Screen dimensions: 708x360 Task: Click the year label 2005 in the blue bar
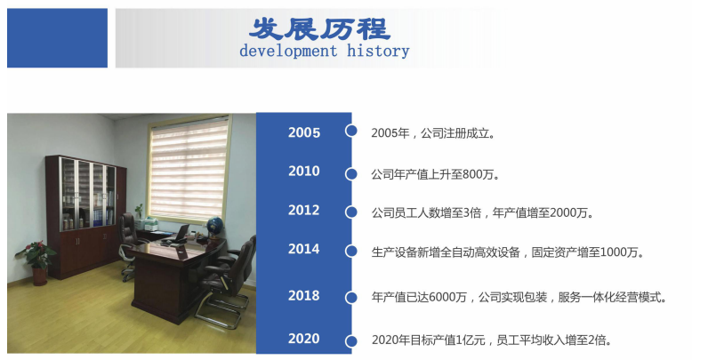[304, 132]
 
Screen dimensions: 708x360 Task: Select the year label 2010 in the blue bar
[304, 171]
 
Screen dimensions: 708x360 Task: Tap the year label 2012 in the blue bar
[304, 210]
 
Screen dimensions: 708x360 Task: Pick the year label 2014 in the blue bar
[304, 249]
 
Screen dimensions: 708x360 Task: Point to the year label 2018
[304, 295]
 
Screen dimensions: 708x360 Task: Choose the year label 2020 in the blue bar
[304, 339]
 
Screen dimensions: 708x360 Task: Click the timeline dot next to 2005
[350, 131]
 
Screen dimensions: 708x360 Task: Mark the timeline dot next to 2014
[350, 252]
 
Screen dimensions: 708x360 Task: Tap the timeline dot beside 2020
[350, 341]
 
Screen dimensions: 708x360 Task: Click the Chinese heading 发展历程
[319, 28]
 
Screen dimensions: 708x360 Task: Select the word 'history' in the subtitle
[378, 51]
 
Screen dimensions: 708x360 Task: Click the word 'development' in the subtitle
[288, 51]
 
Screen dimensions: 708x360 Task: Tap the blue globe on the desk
[215, 225]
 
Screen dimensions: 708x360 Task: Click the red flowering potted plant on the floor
[36, 262]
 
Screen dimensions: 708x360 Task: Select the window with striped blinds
[189, 169]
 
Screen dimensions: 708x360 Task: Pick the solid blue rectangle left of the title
[57, 38]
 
